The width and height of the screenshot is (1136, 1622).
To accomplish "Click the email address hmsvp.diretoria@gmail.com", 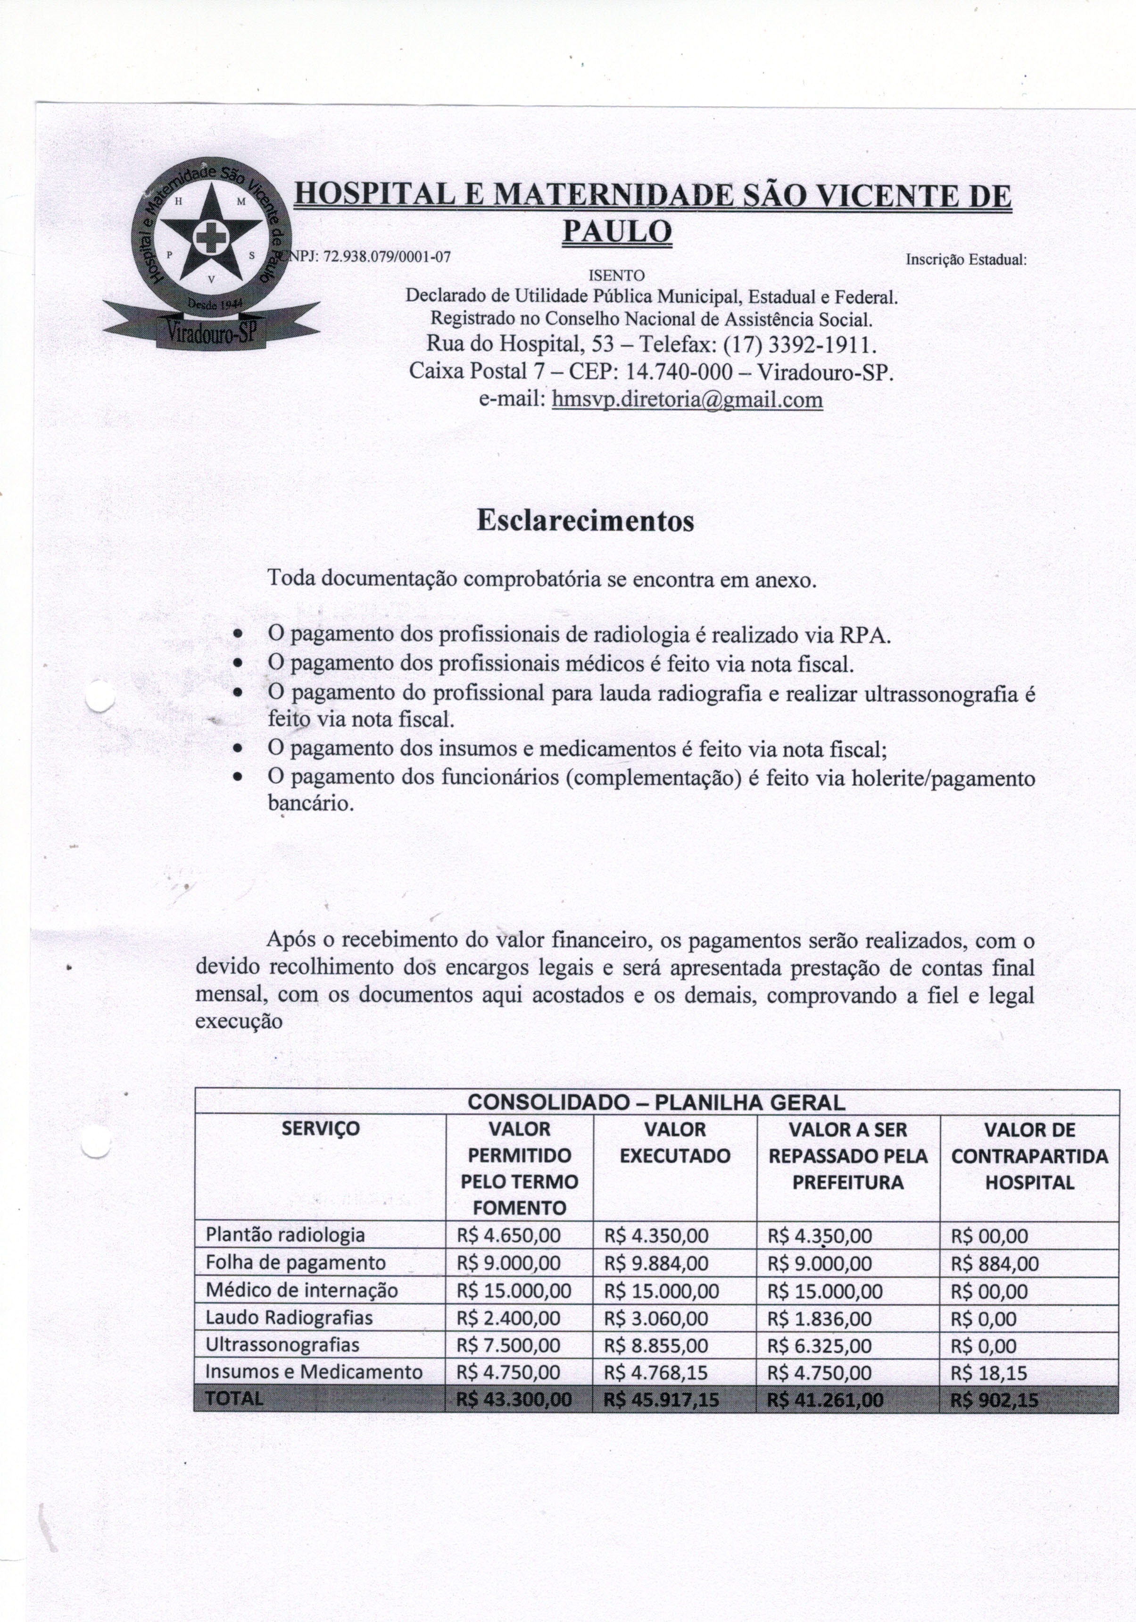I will point(687,400).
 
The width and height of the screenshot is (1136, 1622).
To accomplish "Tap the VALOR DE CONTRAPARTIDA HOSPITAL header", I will point(1028,1156).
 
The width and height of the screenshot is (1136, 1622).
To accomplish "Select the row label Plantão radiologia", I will point(285,1235).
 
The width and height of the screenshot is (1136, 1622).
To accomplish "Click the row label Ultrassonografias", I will point(282,1345).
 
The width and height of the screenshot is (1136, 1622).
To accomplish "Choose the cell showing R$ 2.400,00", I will point(508,1318).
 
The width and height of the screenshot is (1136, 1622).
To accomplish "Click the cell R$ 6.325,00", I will point(819,1345).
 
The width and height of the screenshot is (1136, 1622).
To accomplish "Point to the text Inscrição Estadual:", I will point(965,259).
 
